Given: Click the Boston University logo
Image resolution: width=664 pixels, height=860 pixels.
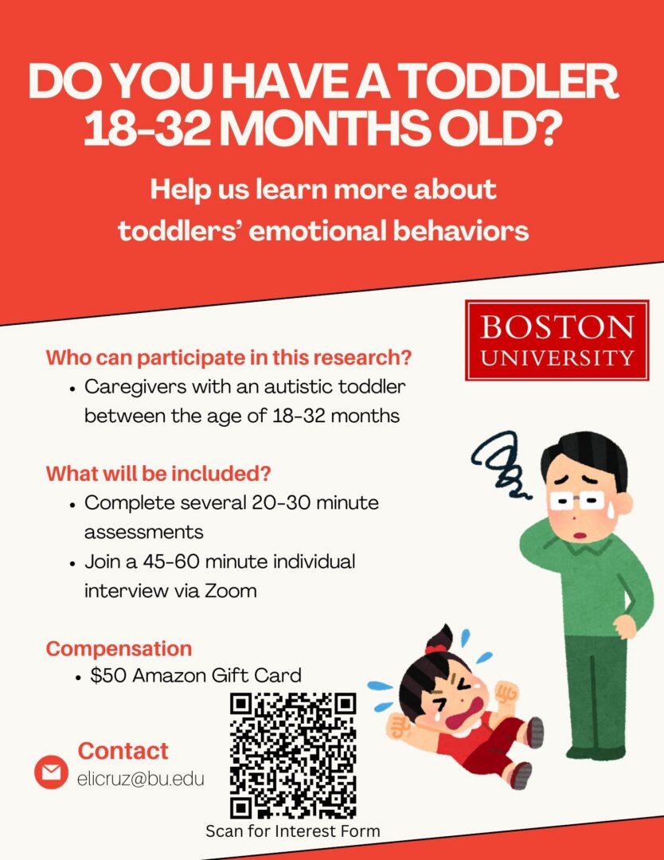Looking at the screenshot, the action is click(x=557, y=340).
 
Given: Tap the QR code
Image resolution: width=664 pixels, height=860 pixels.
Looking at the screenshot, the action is click(x=293, y=755).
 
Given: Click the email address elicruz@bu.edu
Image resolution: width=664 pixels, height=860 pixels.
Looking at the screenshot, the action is click(x=140, y=778).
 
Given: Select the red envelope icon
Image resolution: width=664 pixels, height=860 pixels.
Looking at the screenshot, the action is click(x=52, y=772).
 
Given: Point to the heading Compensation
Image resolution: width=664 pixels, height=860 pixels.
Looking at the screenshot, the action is click(x=119, y=648).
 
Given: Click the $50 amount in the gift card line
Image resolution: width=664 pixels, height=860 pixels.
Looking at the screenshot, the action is click(x=108, y=675).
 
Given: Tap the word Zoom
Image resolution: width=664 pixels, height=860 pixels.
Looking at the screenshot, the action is click(x=231, y=591).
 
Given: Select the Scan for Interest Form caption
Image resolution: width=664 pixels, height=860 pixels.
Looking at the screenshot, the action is click(x=293, y=831).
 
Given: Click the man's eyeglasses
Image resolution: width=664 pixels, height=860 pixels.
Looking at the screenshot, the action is click(x=576, y=500).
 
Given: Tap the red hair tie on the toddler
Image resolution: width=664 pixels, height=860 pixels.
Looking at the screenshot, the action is click(x=436, y=649).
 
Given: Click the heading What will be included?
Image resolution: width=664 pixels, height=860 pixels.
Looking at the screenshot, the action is click(x=158, y=473).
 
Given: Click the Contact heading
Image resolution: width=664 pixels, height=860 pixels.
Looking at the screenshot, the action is click(x=123, y=751).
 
